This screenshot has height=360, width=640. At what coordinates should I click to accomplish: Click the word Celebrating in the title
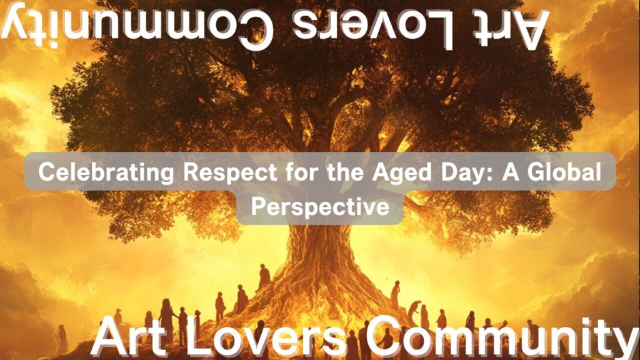(106, 172)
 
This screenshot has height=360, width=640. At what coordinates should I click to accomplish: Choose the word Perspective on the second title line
(320, 206)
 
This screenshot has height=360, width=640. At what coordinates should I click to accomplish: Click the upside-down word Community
(137, 24)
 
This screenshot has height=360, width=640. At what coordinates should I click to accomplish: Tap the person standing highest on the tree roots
(264, 277)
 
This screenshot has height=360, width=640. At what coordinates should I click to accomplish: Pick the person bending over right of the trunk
(414, 309)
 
